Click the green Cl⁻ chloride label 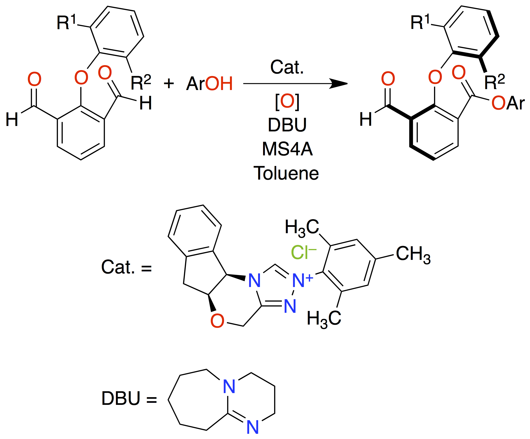coord(304,252)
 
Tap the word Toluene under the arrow coord(286,173)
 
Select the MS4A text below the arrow coord(288,149)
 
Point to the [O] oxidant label coord(287,101)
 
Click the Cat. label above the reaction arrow coord(287,67)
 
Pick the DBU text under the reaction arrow coord(287,125)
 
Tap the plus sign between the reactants coord(169,83)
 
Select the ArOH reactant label coord(209,83)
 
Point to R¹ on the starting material coord(66,22)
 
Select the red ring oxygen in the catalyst coord(217,321)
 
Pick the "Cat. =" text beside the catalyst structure coord(126,267)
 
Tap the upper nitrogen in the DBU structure coord(229,386)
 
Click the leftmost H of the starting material coord(12,119)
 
